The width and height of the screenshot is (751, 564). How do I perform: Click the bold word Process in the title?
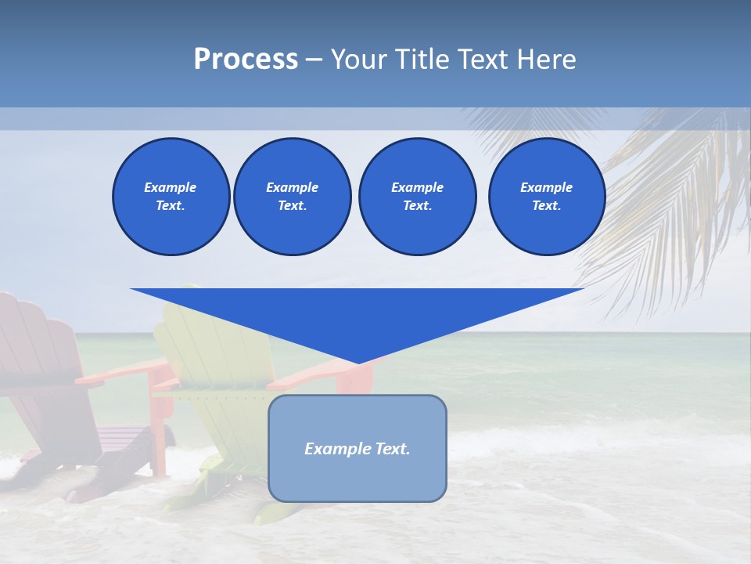[x=246, y=60]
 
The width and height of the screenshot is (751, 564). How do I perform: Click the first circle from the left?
[x=171, y=197]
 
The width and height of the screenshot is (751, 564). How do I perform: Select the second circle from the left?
[x=292, y=197]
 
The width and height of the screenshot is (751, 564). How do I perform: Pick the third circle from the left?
[x=417, y=197]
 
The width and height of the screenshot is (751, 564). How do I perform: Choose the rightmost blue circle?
[x=546, y=197]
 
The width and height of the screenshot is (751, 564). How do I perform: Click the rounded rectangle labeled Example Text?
[x=358, y=448]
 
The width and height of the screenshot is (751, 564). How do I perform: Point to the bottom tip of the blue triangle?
[x=358, y=362]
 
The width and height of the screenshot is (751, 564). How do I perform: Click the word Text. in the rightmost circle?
[x=546, y=206]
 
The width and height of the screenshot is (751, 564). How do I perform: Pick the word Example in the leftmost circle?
[x=171, y=187]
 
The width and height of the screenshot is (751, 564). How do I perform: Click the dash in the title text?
[x=314, y=60]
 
